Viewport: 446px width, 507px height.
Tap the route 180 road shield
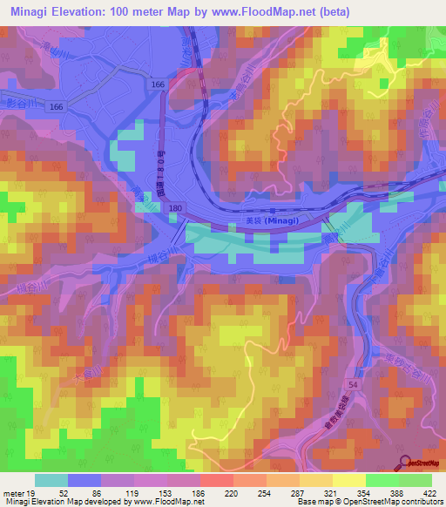[175, 207]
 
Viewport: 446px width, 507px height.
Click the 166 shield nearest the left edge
[56, 105]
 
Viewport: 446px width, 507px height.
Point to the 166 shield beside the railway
[158, 84]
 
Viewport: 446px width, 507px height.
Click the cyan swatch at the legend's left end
[51, 481]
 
